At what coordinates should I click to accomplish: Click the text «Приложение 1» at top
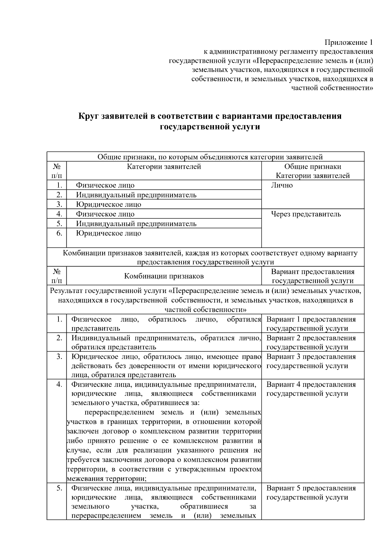[348, 43]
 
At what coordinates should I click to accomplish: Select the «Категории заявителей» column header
[164, 167]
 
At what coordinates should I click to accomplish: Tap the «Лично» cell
[282, 185]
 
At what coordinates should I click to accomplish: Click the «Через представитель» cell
[306, 214]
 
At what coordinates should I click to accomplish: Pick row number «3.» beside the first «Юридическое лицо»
[59, 204]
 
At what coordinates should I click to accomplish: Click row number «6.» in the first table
[59, 234]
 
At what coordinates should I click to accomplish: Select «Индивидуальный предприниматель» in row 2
[136, 195]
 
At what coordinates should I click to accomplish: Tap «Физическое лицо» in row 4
[105, 214]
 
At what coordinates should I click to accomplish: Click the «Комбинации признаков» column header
[164, 276]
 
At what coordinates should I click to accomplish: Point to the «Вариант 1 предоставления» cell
[311, 320]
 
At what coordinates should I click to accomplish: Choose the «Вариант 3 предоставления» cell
[311, 357]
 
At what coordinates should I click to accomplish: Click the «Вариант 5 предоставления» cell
[311, 488]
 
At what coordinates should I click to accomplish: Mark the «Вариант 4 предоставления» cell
[311, 385]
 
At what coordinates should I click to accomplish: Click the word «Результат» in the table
[66, 291]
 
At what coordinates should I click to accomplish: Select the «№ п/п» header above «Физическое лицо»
[57, 171]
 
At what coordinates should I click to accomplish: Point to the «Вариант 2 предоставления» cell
[311, 338]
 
